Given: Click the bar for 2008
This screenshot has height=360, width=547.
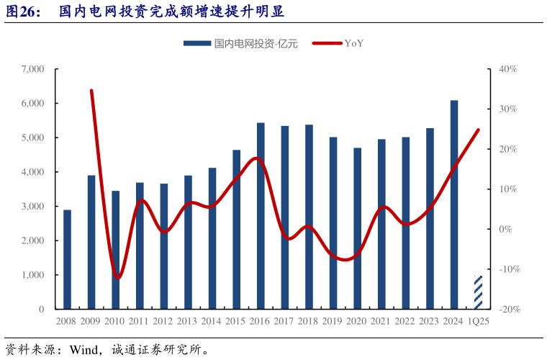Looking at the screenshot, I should (67, 259).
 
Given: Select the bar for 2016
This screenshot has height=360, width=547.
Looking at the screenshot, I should (261, 216).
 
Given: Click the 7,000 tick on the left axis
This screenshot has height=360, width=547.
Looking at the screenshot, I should (33, 69).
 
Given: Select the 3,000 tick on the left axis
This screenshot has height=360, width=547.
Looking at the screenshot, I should (33, 207).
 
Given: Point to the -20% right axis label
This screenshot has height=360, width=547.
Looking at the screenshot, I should (506, 309).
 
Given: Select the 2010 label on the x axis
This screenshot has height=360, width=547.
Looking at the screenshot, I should (115, 321).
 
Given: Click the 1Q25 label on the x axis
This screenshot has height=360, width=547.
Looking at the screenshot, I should (479, 321).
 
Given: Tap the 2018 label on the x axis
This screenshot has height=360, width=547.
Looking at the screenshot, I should (309, 321).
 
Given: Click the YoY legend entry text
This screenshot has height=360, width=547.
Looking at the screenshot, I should (354, 43).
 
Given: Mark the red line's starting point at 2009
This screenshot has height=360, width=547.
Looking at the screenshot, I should (91, 91).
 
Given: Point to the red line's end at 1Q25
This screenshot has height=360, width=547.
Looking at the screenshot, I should (479, 130).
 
